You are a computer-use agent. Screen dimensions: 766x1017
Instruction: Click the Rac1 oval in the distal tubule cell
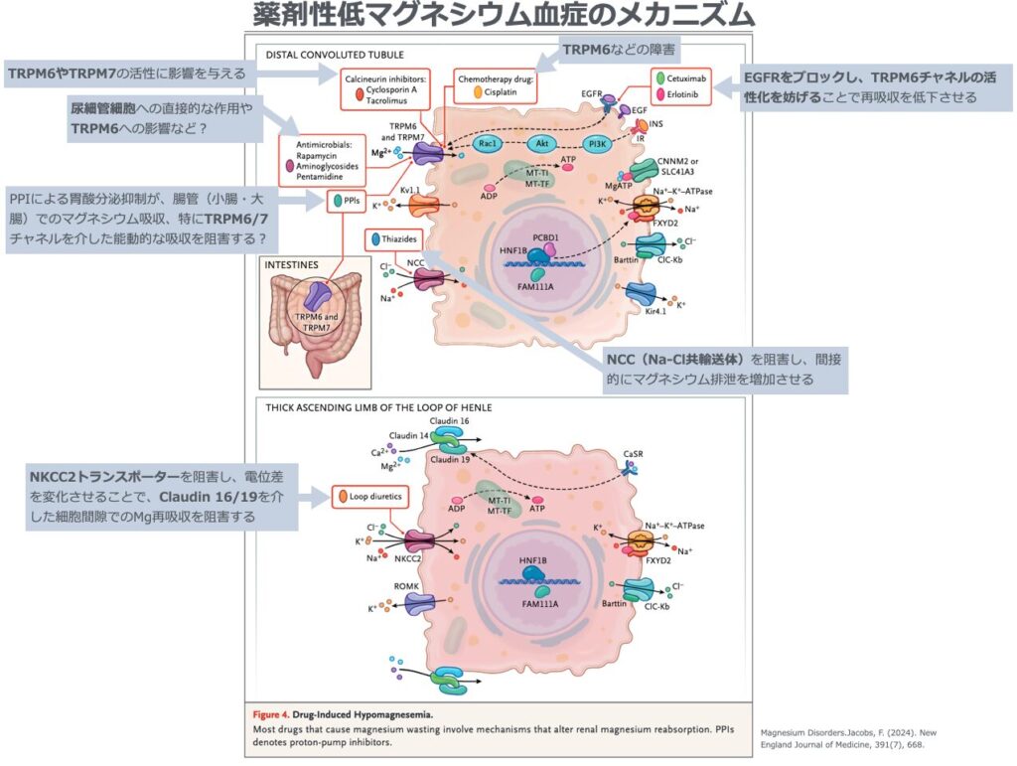(x=487, y=143)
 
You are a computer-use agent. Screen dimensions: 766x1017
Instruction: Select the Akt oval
(x=542, y=143)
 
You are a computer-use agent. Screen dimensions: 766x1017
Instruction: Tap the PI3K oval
(x=597, y=143)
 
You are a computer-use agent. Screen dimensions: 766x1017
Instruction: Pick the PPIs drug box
(x=348, y=201)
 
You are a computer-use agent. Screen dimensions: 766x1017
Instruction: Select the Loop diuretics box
(x=371, y=494)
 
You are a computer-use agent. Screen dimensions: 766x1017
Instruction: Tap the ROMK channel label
(x=406, y=586)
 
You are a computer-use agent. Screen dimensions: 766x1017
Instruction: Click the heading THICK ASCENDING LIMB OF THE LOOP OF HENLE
(x=379, y=407)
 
